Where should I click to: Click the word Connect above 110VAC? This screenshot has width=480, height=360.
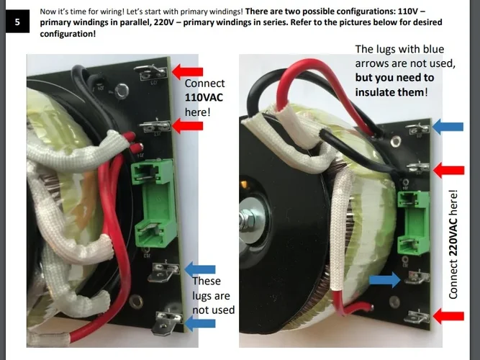click(204, 84)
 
